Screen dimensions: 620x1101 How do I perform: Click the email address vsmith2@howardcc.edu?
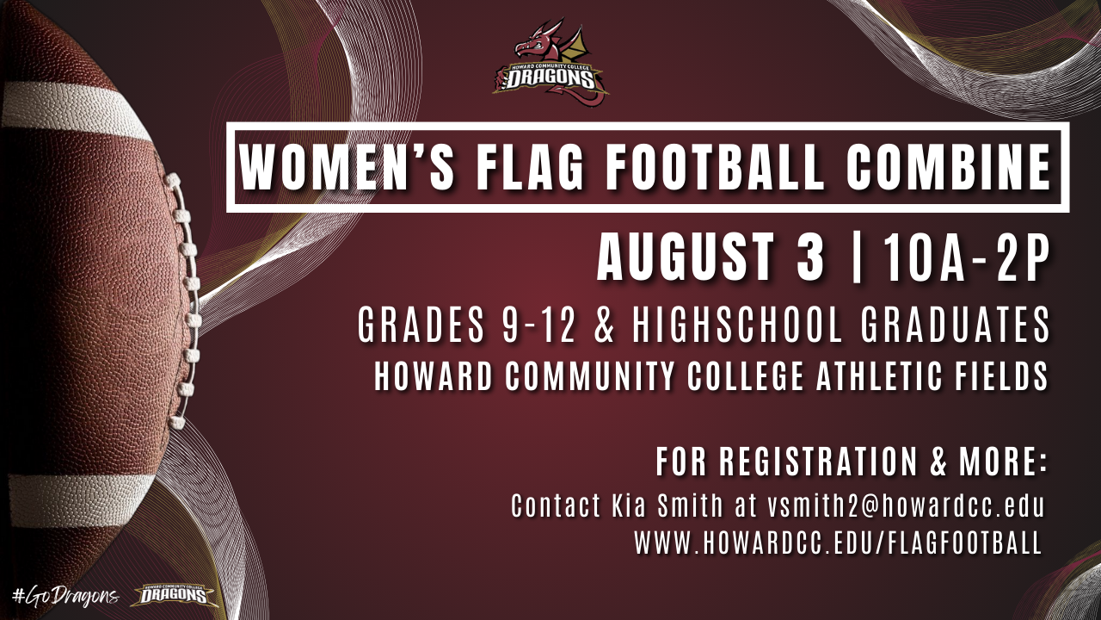[x=905, y=505]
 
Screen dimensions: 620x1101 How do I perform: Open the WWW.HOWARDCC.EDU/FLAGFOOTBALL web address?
[x=838, y=543]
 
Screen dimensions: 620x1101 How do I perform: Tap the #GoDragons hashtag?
[x=65, y=596]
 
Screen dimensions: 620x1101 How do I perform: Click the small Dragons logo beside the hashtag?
[x=176, y=595]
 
